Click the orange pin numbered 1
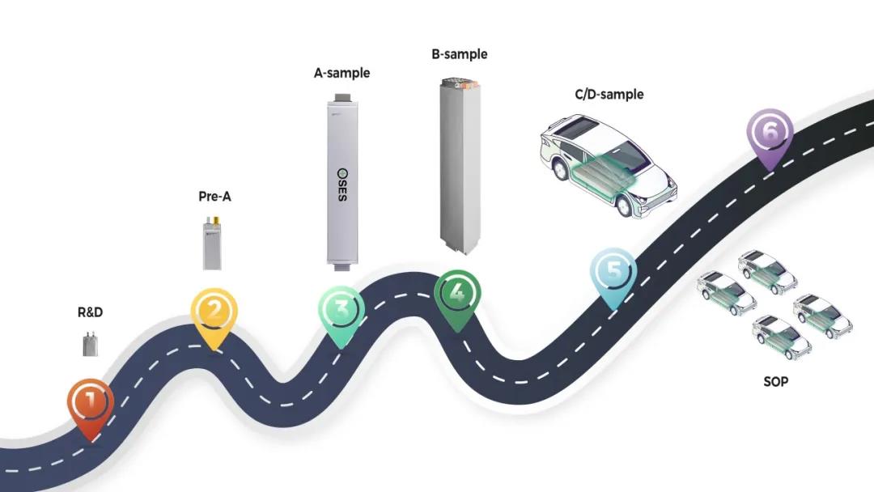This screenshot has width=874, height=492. (90, 400)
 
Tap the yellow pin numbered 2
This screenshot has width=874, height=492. (214, 312)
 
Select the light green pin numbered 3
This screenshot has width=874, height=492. (341, 311)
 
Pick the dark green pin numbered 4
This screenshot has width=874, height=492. (457, 293)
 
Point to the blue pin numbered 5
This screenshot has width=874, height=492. (613, 272)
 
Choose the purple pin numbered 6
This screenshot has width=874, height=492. (770, 131)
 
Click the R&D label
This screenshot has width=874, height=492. (90, 312)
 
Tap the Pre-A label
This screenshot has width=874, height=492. (214, 196)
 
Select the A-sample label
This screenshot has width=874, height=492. (342, 73)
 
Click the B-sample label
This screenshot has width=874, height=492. (460, 54)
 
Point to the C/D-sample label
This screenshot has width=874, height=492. (609, 95)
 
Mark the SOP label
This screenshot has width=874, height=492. (775, 380)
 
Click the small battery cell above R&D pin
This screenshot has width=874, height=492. (91, 345)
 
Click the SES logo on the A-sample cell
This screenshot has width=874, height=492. (342, 185)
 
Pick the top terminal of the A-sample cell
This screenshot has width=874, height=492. (342, 98)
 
